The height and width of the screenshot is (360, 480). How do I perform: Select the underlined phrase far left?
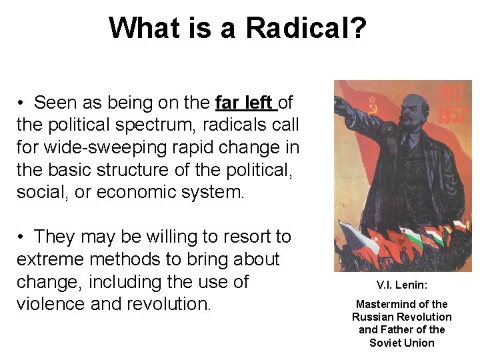[245, 103]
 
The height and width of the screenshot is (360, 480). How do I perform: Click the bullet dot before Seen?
[21, 103]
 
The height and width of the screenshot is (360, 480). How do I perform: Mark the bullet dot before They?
[21, 237]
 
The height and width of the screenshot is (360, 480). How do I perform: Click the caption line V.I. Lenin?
[402, 285]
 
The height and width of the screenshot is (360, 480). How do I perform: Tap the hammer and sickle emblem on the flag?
[372, 105]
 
